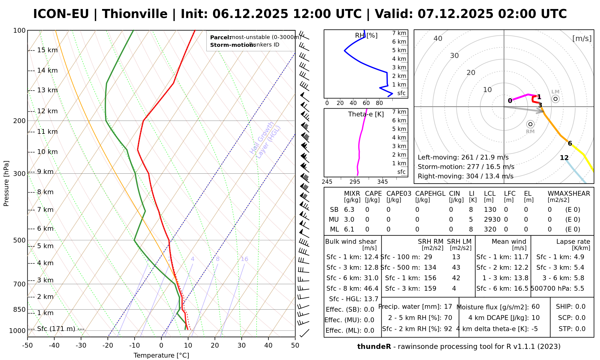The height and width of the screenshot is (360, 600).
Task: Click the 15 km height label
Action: [47, 50]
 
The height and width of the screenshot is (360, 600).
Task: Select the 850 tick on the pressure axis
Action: [19, 309]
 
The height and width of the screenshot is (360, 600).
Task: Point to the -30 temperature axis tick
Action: [81, 345]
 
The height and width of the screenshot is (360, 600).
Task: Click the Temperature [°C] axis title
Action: [161, 355]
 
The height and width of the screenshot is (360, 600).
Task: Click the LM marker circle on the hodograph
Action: [555, 99]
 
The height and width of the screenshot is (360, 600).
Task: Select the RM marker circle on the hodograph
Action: [530, 124]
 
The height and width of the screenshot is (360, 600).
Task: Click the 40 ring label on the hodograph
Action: [438, 38]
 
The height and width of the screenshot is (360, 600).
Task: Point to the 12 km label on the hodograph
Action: [564, 158]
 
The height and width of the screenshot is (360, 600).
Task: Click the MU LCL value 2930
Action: [492, 220]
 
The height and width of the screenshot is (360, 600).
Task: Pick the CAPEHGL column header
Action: [430, 194]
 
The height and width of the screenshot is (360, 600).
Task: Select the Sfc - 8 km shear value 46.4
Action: [371, 289]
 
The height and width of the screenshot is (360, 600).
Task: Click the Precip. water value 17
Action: [448, 307]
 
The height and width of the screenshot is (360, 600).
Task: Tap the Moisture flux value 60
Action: [535, 307]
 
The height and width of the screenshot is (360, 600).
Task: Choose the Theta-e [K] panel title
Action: [366, 114]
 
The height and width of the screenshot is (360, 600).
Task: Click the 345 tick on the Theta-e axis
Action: [382, 182]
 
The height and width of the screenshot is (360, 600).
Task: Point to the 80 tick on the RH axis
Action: [379, 103]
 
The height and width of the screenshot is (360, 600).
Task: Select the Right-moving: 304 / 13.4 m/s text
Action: [465, 176]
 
